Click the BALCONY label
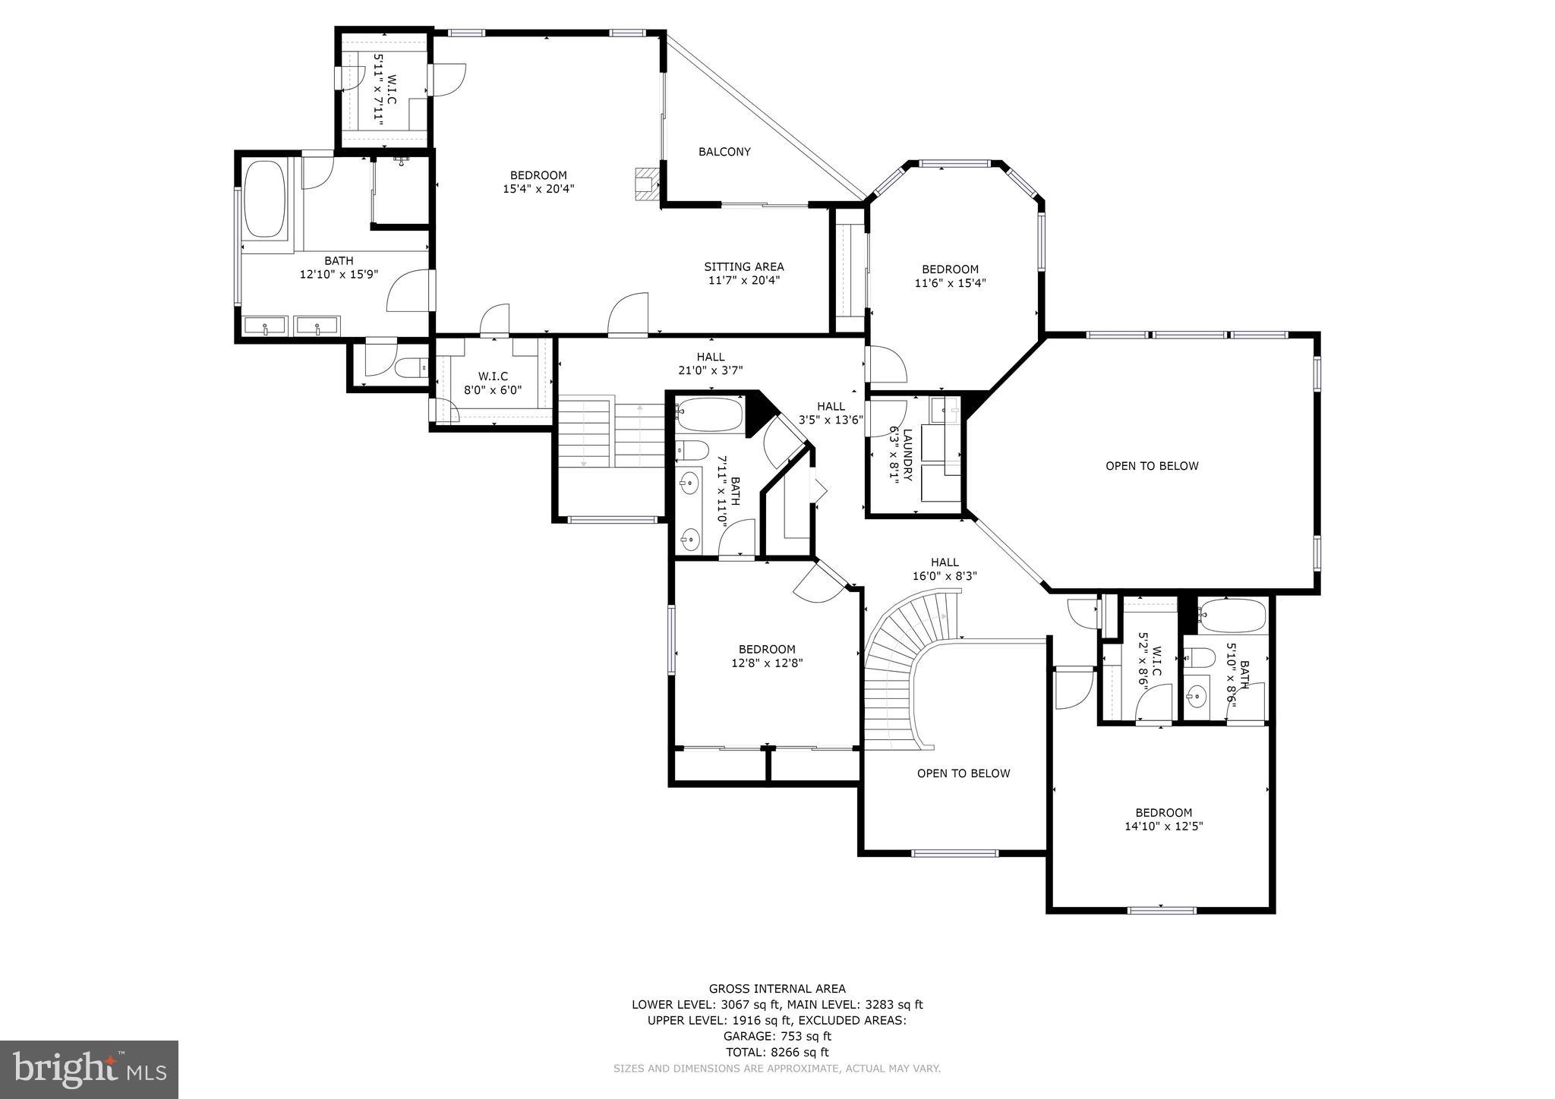click(724, 152)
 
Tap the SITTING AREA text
click(743, 266)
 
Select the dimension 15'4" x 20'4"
click(538, 189)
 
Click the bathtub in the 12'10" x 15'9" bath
click(265, 199)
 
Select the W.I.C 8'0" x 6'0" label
click(493, 383)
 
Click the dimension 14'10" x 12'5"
click(1163, 826)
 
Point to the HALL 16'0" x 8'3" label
click(945, 568)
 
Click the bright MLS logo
click(89, 1069)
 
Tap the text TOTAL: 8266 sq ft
click(777, 1052)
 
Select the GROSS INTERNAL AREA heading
click(777, 988)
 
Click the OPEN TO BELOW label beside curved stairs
click(963, 773)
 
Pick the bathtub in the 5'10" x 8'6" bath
click(1232, 616)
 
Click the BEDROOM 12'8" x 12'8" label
click(767, 655)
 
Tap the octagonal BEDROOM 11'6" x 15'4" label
click(950, 276)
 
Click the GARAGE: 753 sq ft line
click(777, 1036)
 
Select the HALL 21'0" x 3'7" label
click(710, 363)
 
